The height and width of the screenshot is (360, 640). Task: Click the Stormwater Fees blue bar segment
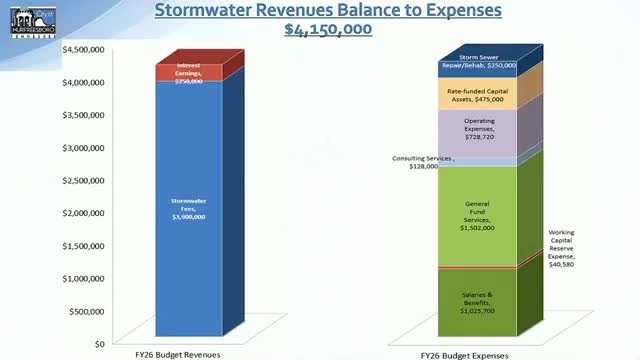187,210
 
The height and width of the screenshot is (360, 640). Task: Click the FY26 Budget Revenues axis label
178,354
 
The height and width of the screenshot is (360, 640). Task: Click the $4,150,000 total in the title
328,29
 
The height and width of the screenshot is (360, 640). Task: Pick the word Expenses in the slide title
460,10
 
